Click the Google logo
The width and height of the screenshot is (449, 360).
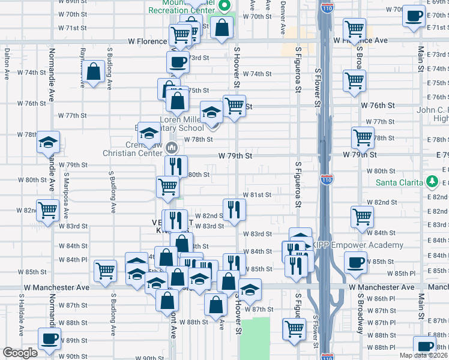20,353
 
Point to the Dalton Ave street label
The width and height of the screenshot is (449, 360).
7,64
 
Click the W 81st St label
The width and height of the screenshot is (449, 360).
257,195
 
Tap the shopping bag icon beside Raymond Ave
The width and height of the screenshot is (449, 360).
94,72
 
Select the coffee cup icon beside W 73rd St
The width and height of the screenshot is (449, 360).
178,61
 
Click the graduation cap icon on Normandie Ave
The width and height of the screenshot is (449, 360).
48,143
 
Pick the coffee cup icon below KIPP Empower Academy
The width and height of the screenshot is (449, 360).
356,262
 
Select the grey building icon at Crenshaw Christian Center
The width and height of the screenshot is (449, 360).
172,147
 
